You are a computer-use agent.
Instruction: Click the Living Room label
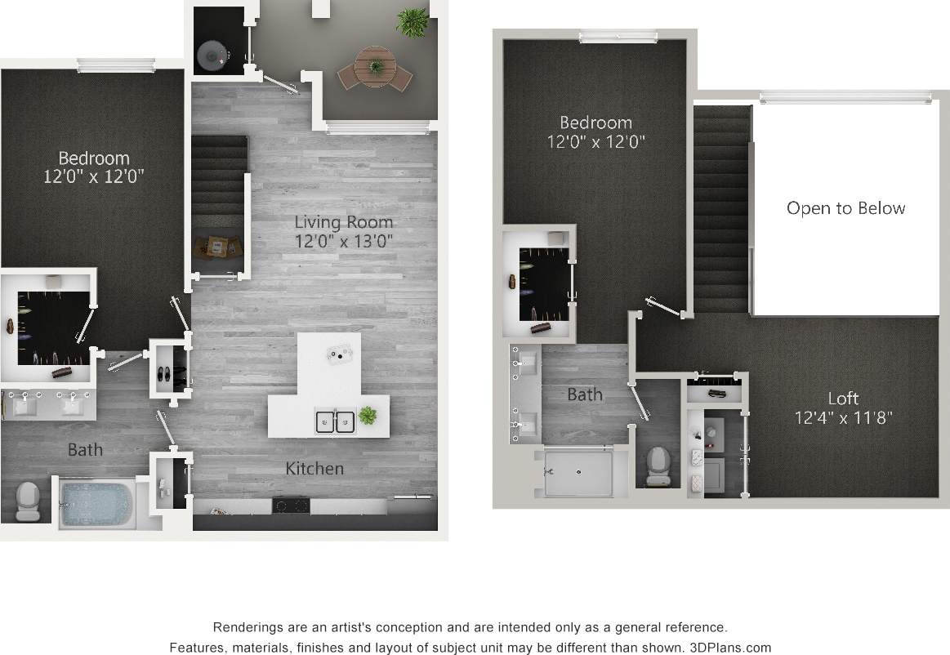pos(343,222)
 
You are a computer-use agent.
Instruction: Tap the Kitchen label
pos(314,469)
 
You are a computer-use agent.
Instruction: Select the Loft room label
pos(843,399)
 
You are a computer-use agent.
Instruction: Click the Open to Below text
pos(845,208)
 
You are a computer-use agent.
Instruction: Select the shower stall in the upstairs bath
pos(578,471)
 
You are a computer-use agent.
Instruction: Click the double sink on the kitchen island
pos(336,421)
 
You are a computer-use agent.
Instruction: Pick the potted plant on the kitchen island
pos(368,415)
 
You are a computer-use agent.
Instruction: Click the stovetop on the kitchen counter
pos(290,506)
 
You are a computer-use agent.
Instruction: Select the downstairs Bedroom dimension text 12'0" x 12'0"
pos(94,176)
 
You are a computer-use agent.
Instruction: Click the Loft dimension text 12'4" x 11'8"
pos(843,418)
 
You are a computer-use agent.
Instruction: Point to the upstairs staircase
pos(721,208)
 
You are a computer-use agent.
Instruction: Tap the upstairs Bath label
pos(585,394)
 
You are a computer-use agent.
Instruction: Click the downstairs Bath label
pos(85,449)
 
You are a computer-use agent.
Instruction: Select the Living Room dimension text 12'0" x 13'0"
pos(344,241)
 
